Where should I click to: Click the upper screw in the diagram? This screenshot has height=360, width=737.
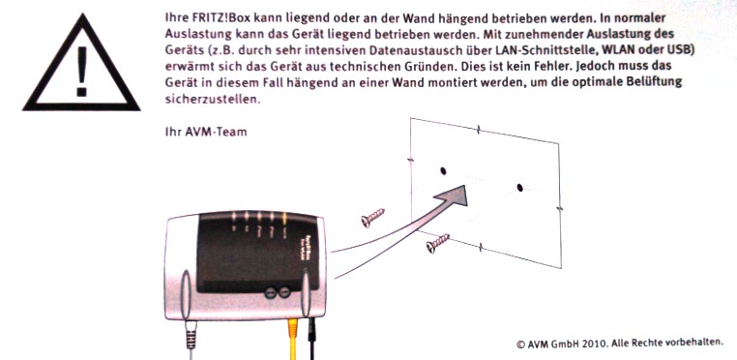coord(373,217)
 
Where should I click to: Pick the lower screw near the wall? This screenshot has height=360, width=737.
coord(437,243)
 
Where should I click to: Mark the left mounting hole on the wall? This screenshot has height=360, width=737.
coord(444,171)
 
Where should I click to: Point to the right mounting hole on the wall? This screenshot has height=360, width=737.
coord(519,187)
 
